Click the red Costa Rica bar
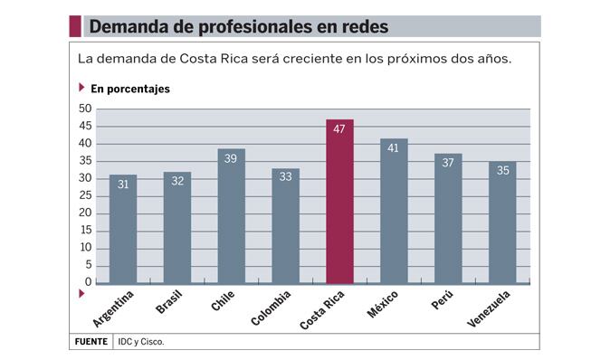point(339,202)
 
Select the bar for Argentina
point(123,229)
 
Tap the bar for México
point(394,211)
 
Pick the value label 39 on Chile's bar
point(231,158)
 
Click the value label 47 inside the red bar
point(339,129)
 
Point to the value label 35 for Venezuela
point(503,171)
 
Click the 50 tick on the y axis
point(85,109)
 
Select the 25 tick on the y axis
point(85,195)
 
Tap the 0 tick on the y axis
point(88,281)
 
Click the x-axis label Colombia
point(271,308)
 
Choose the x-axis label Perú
point(443,299)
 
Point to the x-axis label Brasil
point(169,301)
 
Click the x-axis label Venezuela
point(489,308)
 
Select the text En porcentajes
point(130,89)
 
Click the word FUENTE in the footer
point(91,342)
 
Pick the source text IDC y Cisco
point(141,342)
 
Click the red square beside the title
point(75,26)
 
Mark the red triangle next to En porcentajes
point(81,88)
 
